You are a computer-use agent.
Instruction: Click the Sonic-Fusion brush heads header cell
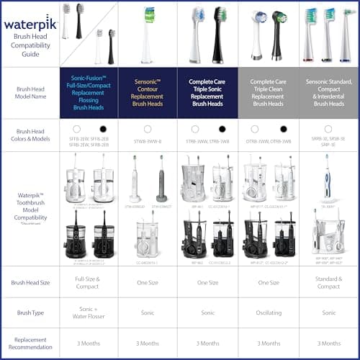(x=89, y=93)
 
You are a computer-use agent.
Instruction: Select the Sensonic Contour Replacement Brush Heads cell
(x=148, y=93)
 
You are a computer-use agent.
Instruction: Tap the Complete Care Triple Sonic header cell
(x=208, y=93)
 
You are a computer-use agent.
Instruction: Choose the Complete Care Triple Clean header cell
(x=269, y=93)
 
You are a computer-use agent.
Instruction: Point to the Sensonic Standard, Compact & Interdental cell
(x=329, y=93)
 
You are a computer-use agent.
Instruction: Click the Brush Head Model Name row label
(x=30, y=93)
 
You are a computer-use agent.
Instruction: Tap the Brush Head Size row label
(x=30, y=282)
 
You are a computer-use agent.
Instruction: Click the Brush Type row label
(x=30, y=313)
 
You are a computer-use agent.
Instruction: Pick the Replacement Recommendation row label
(x=30, y=343)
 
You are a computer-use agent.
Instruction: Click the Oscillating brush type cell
(x=269, y=313)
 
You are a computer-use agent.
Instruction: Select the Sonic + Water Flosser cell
(x=89, y=313)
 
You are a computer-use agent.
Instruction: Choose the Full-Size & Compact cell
(x=89, y=282)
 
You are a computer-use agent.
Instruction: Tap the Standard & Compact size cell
(x=329, y=282)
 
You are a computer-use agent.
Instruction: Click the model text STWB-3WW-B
(x=148, y=142)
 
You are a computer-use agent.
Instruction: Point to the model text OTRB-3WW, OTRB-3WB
(x=269, y=142)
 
